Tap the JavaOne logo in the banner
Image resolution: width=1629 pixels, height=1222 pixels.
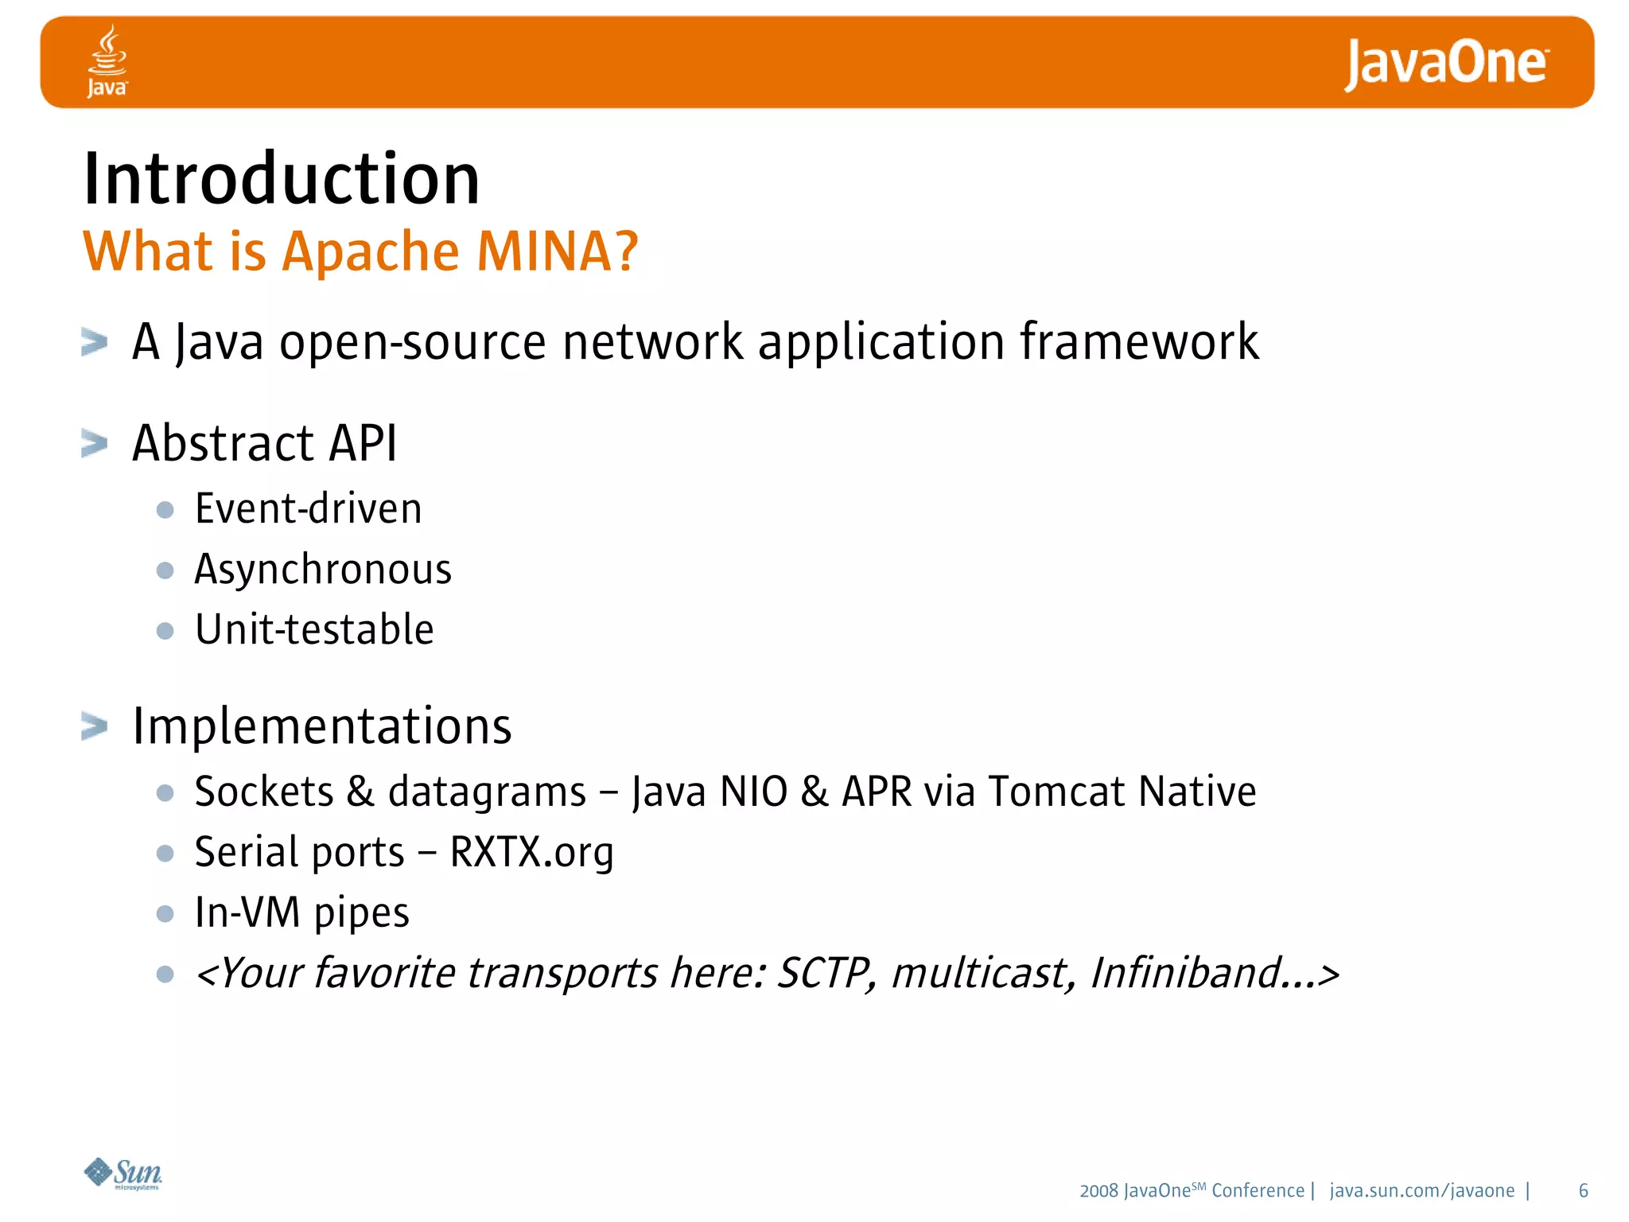pyautogui.click(x=1446, y=64)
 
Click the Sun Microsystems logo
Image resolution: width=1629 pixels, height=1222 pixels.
pyautogui.click(x=123, y=1173)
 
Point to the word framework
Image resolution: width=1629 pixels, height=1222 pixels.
pyautogui.click(x=1139, y=342)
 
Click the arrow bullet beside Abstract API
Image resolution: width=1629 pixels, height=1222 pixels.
pyautogui.click(x=94, y=443)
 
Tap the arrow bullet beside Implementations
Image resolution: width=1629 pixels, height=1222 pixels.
pyautogui.click(x=94, y=726)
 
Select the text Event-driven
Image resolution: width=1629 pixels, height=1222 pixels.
pyautogui.click(x=308, y=509)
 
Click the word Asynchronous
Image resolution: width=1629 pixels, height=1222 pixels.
pyautogui.click(x=323, y=570)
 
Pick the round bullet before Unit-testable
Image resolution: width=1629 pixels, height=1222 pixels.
pyautogui.click(x=165, y=631)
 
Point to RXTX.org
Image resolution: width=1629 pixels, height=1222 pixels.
pyautogui.click(x=531, y=853)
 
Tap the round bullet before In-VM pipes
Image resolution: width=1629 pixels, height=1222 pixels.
pyautogui.click(x=165, y=913)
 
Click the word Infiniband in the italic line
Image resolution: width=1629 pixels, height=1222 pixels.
pyautogui.click(x=1185, y=974)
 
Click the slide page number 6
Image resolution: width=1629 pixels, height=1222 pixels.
pyautogui.click(x=1583, y=1191)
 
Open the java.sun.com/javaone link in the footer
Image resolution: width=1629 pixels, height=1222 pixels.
pyautogui.click(x=1421, y=1191)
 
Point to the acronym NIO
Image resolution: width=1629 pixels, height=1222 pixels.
pyautogui.click(x=752, y=792)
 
